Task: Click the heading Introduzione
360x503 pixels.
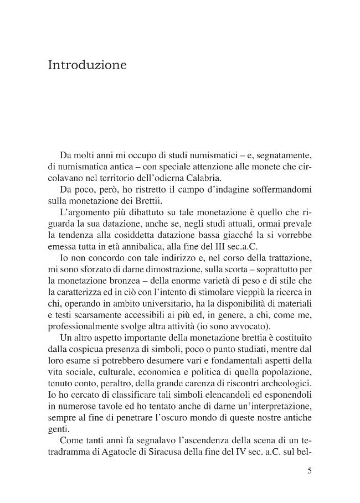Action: [88, 65]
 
